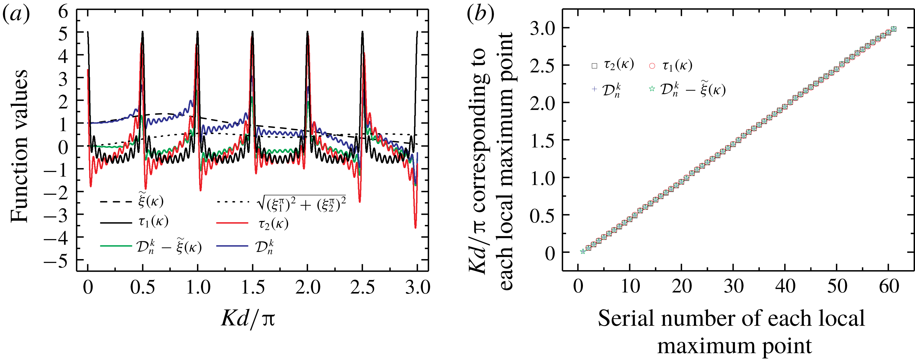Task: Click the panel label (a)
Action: coord(16,15)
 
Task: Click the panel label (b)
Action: coord(480,15)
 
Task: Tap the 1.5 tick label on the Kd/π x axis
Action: coord(253,287)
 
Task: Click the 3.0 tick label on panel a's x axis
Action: coord(418,287)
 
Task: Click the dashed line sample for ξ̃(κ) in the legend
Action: coord(116,202)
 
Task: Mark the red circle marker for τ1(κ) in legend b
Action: coord(652,66)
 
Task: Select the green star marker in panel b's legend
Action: coord(652,89)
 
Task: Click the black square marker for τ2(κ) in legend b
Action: coord(594,66)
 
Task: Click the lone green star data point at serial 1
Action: coord(583,251)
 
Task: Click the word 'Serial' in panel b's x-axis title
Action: coord(625,318)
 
